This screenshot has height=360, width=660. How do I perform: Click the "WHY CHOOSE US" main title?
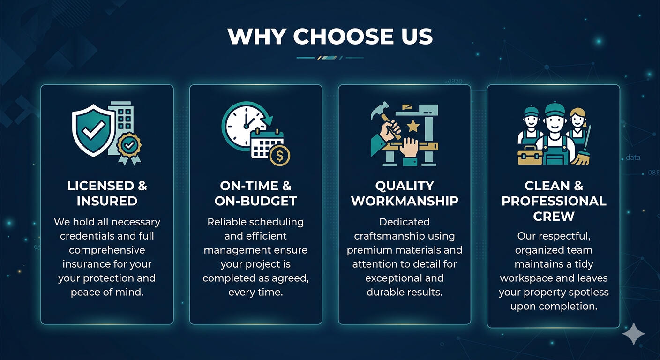click(330, 37)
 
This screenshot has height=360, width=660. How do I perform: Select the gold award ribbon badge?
click(129, 147)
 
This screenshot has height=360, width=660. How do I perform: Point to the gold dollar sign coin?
click(279, 155)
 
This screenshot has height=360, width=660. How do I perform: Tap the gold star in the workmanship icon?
click(413, 126)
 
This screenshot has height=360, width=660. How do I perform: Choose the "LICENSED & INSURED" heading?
click(107, 193)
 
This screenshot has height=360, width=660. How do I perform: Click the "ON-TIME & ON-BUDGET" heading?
click(255, 193)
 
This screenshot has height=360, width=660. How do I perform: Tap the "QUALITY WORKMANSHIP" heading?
click(405, 193)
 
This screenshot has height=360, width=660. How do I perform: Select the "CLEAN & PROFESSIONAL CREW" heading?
click(554, 201)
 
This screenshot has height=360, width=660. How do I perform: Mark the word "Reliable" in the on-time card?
click(226, 222)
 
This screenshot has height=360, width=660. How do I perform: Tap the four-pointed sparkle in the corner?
click(634, 333)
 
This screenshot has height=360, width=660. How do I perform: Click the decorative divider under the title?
click(330, 58)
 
